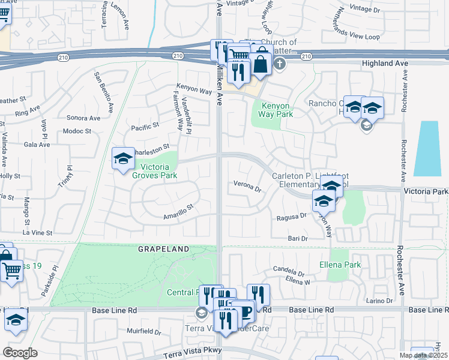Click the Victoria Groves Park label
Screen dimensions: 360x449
pos(159,172)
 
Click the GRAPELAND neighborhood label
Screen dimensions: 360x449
pos(164,248)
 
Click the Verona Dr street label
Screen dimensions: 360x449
pos(248,187)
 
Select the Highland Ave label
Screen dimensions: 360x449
pos(385,62)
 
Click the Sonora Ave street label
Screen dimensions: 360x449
pos(83,118)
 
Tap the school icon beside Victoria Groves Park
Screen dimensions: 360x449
pos(123,158)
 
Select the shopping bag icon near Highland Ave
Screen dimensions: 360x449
pos(261,63)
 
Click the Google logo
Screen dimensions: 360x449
pos(20,353)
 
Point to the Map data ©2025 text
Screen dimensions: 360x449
pos(423,355)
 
